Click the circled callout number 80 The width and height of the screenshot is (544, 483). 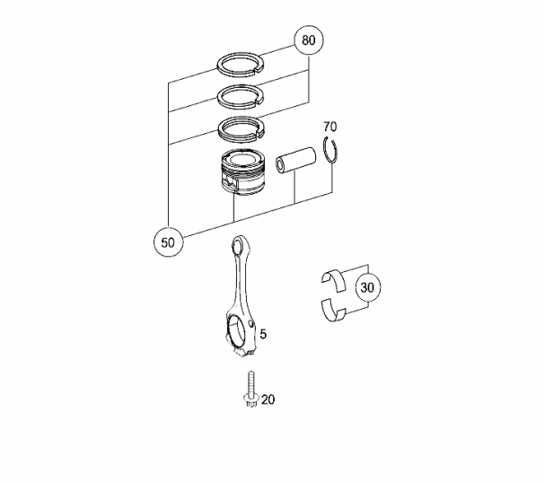point(309,40)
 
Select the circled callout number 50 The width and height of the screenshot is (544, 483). point(168,242)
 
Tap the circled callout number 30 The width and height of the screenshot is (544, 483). point(368,287)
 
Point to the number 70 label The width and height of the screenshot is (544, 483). point(330,127)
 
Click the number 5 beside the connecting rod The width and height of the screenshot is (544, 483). point(263,334)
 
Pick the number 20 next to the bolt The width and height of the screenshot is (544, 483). point(268,400)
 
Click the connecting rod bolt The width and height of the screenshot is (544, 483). point(251,389)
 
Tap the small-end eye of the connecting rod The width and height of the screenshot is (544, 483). point(238,248)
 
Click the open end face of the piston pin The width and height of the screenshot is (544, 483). point(281,165)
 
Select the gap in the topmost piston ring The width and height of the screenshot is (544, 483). point(259,70)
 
